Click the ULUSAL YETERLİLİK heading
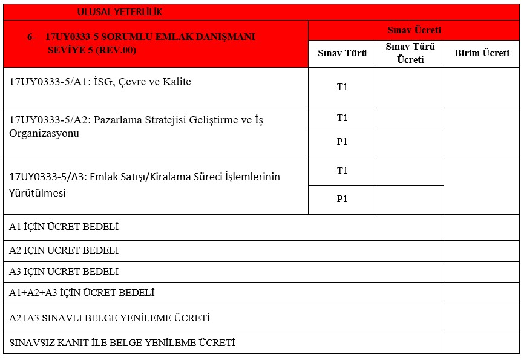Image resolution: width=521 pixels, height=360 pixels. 120,12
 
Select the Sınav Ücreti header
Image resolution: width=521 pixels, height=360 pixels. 414,30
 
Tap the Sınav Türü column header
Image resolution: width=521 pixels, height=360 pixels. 342,53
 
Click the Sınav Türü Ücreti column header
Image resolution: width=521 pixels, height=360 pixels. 410,53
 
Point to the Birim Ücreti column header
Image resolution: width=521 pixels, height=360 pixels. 482,53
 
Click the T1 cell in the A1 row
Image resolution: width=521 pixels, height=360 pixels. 342,87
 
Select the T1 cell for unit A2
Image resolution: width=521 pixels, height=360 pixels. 342,118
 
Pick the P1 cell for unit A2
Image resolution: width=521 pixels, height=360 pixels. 342,142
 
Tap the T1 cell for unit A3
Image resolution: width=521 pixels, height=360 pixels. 342,171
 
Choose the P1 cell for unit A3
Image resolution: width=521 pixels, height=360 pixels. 342,199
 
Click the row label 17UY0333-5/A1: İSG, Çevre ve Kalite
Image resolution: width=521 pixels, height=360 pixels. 100,82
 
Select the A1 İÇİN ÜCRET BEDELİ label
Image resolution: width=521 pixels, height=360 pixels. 64,227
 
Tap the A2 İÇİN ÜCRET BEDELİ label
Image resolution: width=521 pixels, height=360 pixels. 64,250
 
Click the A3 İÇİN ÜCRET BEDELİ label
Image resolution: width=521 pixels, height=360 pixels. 64,272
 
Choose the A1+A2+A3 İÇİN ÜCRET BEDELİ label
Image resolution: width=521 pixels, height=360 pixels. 82,293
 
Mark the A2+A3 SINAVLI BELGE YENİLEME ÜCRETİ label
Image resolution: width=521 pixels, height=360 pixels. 110,318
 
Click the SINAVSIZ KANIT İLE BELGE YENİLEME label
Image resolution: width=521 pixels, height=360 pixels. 122,343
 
